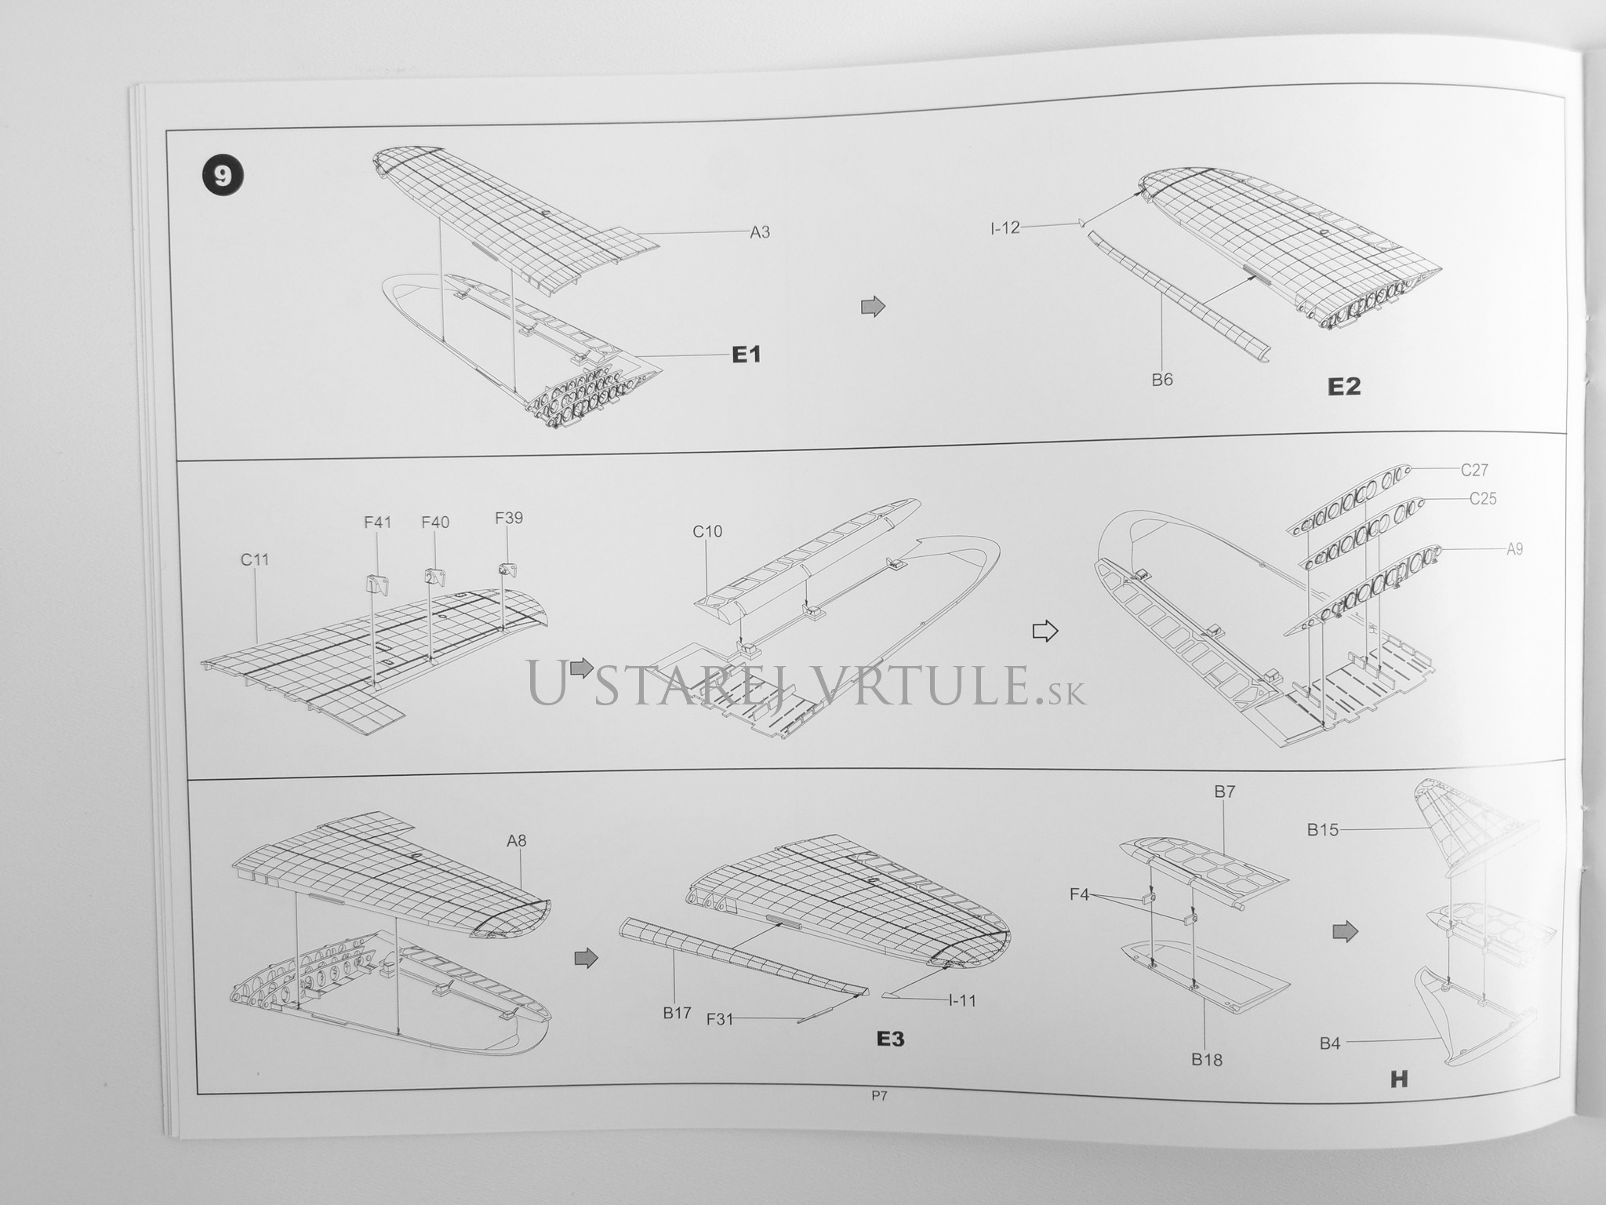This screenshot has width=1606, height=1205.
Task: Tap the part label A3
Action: [x=760, y=231]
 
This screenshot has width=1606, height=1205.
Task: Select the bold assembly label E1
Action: [x=746, y=355]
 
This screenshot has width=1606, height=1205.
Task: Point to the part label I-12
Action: [x=1005, y=228]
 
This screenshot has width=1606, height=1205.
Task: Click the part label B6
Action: [x=1162, y=380]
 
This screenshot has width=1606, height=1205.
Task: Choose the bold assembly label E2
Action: [x=1344, y=387]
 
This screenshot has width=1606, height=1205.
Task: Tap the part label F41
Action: [x=377, y=522]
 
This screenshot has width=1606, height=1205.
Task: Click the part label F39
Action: [x=509, y=518]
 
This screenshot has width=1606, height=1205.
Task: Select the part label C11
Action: [x=255, y=559]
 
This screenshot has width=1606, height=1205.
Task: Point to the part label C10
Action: [x=707, y=531]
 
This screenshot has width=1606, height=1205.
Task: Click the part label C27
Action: [x=1474, y=470]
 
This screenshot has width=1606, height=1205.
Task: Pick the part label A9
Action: [x=1515, y=549]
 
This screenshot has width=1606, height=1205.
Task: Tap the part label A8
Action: [x=516, y=841]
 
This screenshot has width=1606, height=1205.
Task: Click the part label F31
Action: [x=720, y=1019]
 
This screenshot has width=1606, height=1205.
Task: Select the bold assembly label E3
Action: [x=890, y=1039]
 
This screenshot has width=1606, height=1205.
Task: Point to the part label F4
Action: [x=1080, y=894]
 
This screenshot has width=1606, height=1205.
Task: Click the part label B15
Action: [x=1322, y=830]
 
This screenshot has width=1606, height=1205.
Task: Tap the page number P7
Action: [x=878, y=1097]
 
